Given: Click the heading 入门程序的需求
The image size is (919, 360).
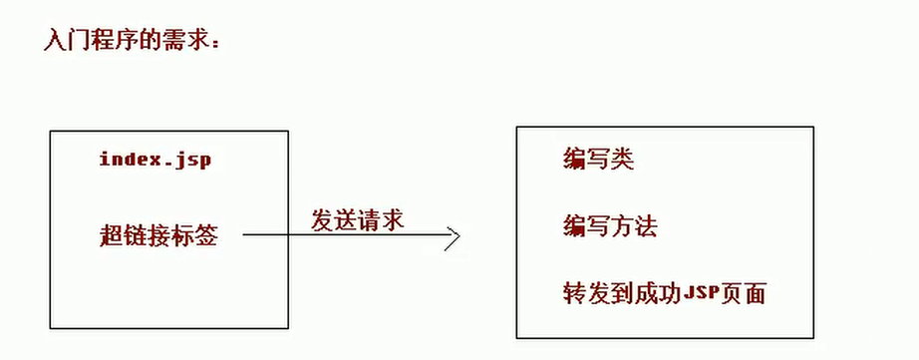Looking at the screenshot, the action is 132,40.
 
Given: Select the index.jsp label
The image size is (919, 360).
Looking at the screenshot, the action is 154,160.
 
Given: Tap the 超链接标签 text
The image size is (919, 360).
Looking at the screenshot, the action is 158,235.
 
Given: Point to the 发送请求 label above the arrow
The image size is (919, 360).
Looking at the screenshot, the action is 357,220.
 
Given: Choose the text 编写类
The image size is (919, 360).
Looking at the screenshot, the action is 598,159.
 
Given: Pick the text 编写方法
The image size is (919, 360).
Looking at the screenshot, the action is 610,225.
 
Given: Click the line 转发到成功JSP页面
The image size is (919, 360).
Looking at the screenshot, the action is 665,293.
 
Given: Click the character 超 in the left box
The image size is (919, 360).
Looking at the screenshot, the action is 112,235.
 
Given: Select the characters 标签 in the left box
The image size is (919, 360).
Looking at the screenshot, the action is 195,235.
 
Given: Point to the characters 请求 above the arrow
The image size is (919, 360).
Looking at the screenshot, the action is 381,220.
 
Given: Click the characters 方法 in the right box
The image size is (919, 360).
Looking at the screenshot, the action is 634,225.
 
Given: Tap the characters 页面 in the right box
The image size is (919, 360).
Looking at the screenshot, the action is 744,293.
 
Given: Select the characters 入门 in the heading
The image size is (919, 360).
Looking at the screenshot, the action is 67,40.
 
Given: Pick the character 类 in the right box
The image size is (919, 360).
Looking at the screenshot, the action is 622,159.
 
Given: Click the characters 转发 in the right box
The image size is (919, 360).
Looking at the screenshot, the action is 586,293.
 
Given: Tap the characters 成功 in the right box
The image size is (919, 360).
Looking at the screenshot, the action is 658,293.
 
